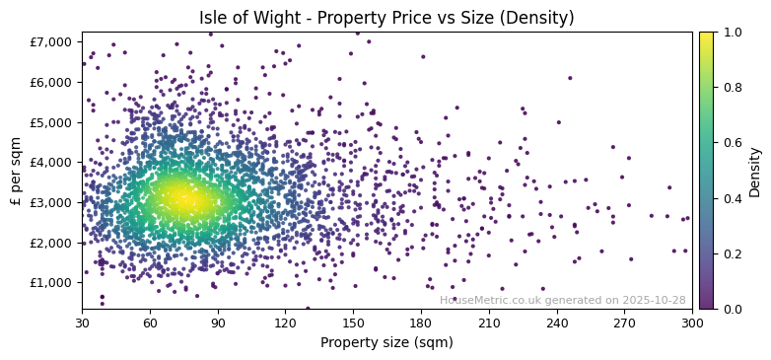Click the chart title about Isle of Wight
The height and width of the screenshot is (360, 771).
[x=385, y=18]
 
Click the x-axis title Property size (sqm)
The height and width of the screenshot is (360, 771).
[x=385, y=342]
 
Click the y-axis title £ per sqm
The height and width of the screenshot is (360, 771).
[x=16, y=171]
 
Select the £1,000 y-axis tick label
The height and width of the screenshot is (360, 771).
[x=54, y=282]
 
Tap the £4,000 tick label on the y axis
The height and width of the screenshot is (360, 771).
[x=54, y=162]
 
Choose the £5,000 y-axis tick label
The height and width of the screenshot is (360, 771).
[x=54, y=122]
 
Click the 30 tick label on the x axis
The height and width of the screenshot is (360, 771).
[x=82, y=323]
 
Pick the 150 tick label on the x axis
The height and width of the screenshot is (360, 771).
[x=353, y=323]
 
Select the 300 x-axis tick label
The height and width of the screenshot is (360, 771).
[x=692, y=323]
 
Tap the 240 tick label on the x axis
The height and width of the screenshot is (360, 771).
[x=557, y=323]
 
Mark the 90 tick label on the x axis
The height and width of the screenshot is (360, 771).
[x=218, y=323]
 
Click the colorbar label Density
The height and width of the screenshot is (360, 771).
[x=754, y=171]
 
